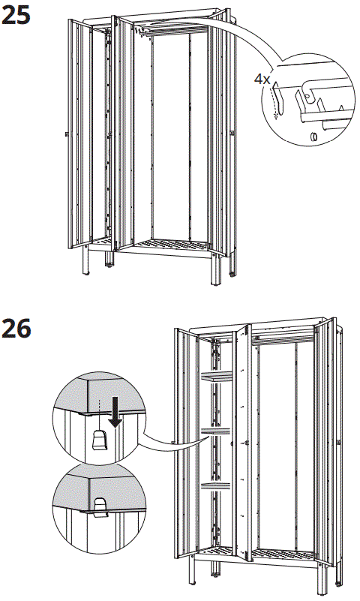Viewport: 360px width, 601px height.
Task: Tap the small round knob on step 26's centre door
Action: pyautogui.click(x=247, y=444)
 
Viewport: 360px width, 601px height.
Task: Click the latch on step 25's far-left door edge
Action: pyautogui.click(x=67, y=134)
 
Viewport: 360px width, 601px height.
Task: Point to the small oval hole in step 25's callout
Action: pyautogui.click(x=312, y=136)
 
